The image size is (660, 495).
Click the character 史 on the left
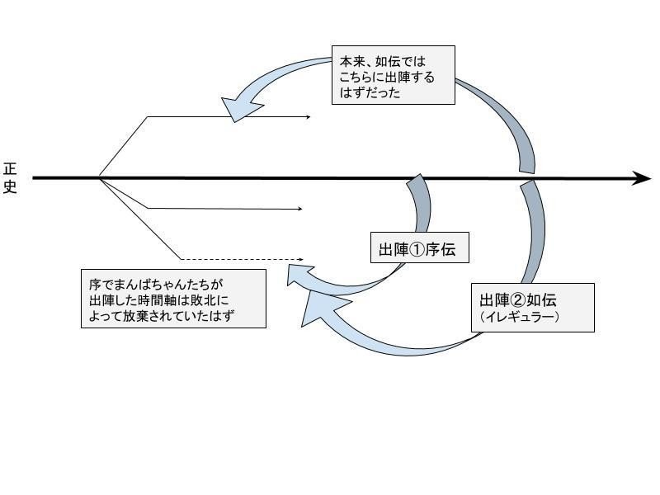coord(10,187)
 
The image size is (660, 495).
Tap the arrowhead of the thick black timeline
coord(642,178)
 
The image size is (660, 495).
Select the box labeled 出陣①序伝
coord(420,250)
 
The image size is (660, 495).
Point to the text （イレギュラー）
coord(519,317)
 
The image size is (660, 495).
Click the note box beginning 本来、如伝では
coord(393,75)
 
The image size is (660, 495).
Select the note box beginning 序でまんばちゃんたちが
coord(173,298)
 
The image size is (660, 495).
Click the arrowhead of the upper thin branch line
coord(308,117)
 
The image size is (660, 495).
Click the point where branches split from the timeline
coord(99,177)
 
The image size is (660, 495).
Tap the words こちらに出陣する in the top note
coord(387,78)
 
